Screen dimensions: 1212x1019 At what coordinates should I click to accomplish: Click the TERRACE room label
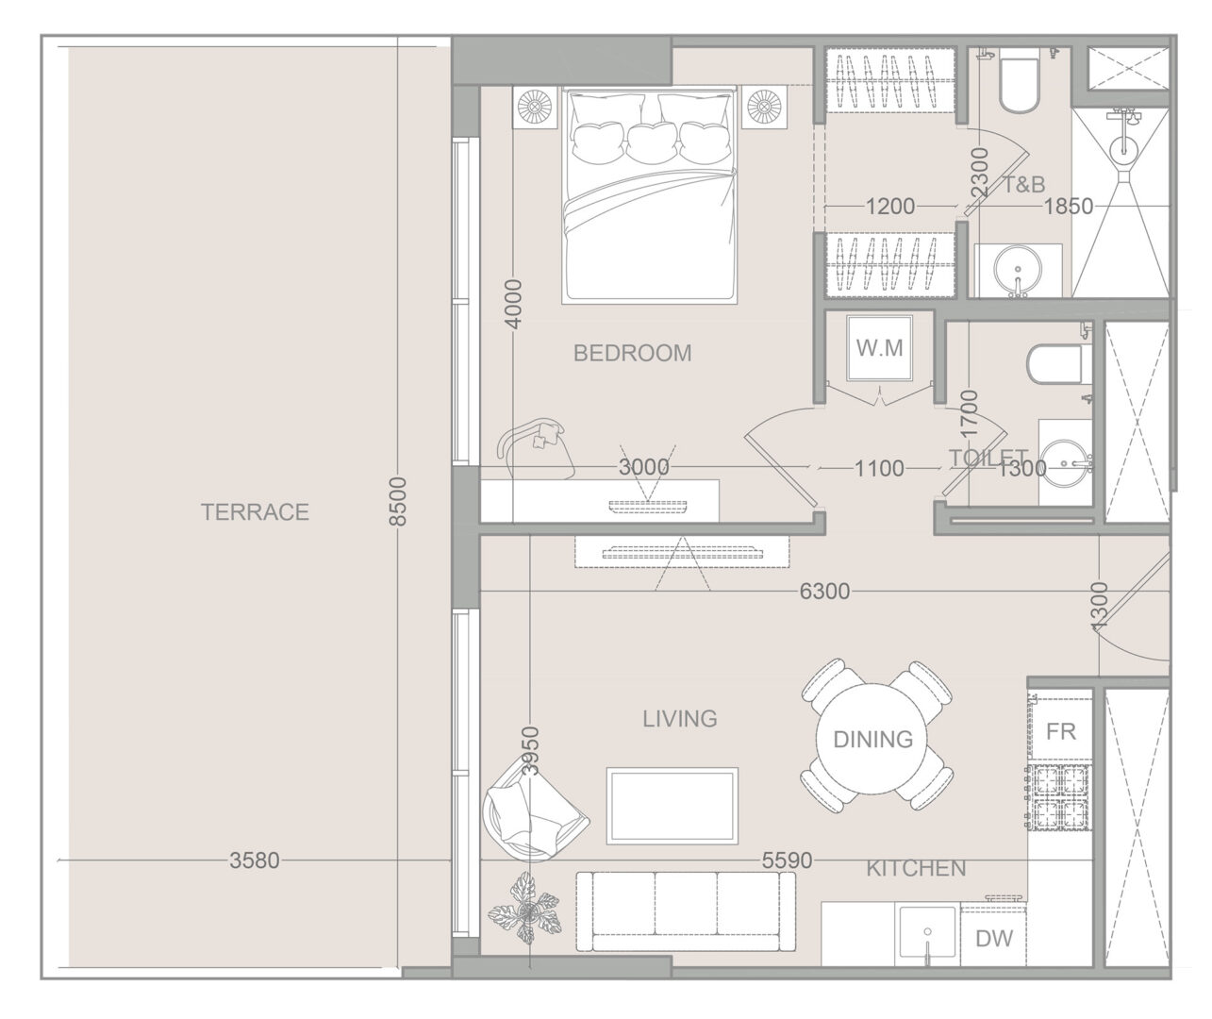[x=255, y=512]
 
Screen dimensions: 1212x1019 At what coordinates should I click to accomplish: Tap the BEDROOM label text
[x=632, y=353]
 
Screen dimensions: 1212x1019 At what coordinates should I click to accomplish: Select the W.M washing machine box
[x=879, y=348]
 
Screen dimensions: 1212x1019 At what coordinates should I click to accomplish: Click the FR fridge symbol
[x=1061, y=731]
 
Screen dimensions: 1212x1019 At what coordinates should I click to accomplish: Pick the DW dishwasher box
[x=994, y=938]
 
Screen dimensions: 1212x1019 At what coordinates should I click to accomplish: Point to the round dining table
[x=872, y=739]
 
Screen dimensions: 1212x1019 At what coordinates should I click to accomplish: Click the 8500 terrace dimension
[x=398, y=502]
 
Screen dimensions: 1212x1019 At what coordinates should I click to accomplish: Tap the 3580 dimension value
[x=255, y=860]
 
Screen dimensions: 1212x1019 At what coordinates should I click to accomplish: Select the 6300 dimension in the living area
[x=824, y=591]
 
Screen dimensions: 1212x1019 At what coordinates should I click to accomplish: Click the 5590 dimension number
[x=787, y=860]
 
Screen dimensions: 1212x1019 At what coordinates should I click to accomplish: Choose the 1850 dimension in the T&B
[x=1069, y=206]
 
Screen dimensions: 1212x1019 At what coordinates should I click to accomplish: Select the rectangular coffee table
[x=672, y=806]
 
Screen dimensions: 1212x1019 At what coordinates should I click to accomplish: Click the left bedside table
[x=534, y=108]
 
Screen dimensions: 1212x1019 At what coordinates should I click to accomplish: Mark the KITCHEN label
[x=916, y=869]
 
